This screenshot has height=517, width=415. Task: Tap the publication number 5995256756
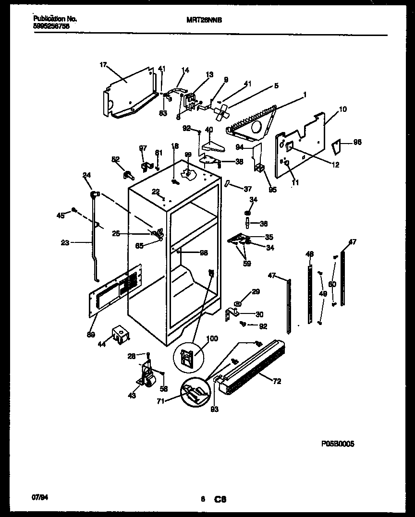pos(52,26)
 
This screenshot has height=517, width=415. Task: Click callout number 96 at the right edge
pos(357,143)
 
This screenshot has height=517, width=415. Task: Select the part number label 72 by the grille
pos(277,382)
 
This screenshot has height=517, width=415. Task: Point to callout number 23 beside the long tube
pos(65,243)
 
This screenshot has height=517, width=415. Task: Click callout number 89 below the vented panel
pos(90,334)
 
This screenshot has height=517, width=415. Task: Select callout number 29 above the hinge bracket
pos(256,292)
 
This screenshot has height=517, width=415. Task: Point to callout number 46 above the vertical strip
pos(309,253)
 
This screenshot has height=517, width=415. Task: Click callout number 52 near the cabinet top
pos(115,159)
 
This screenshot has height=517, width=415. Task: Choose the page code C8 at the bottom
pos(220,500)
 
